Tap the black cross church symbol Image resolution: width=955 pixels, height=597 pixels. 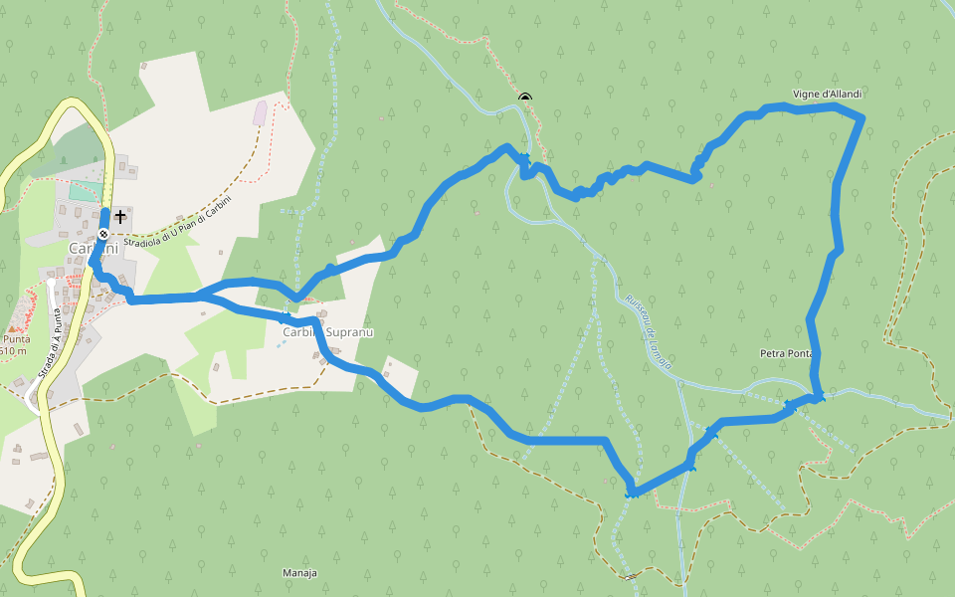pos(120,215)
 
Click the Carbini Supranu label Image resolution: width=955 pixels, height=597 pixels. pos(327,332)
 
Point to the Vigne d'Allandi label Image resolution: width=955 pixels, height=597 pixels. pos(827,95)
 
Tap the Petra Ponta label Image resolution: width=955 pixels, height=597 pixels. pos(786,353)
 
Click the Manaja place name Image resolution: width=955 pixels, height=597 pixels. pos(299,574)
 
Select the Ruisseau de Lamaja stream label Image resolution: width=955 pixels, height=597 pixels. pos(649,331)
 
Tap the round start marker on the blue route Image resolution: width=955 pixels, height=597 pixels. pos(102,234)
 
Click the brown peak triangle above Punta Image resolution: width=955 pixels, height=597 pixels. pos(12,327)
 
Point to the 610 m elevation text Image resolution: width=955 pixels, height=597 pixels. pos(13,351)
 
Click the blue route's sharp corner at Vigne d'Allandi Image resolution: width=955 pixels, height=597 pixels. pos(860,118)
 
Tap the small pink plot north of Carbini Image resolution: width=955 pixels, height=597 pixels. pos(260,112)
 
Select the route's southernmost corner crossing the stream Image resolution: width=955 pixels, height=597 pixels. pos(631,492)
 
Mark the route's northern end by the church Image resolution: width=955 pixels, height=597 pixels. pos(105,212)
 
